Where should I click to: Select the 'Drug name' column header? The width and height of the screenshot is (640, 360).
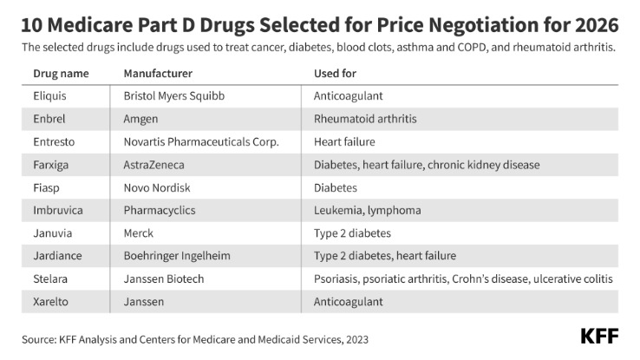pos(59,74)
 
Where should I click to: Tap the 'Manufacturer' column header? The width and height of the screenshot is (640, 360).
pos(158,74)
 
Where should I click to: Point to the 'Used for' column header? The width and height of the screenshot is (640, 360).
pos(335,74)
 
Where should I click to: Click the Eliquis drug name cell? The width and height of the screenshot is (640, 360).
pos(50,96)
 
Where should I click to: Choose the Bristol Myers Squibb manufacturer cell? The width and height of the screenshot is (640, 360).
pos(174,96)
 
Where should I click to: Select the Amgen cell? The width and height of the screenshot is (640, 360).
pos(142,119)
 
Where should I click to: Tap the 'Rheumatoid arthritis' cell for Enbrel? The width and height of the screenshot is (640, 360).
pos(364,119)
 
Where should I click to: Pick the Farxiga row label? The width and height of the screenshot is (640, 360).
pos(52,165)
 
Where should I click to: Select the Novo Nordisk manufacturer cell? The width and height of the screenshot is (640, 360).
pos(156,187)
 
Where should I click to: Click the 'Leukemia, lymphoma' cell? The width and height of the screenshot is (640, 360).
pos(367,210)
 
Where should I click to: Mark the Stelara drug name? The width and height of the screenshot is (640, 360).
pos(51,278)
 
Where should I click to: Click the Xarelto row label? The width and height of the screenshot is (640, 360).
pos(51,301)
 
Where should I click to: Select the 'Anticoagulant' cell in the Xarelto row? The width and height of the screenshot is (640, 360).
pos(348,301)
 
